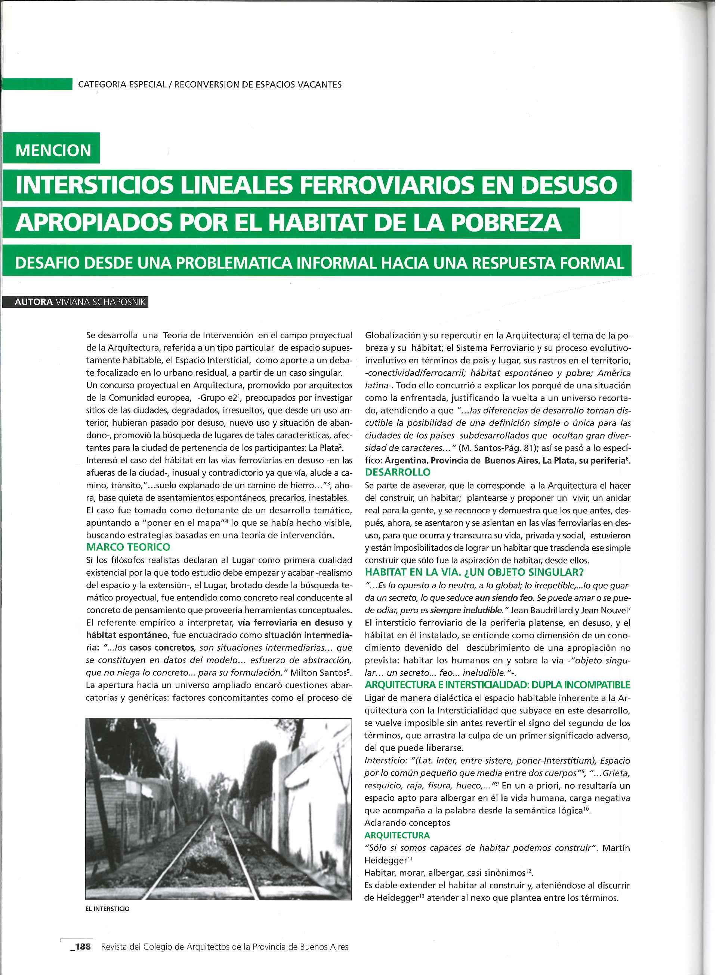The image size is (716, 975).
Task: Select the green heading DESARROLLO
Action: tap(398, 472)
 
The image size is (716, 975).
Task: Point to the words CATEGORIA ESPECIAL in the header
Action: tap(122, 85)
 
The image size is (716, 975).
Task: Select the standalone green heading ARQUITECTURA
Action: tap(397, 835)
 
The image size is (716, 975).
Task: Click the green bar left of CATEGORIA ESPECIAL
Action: tap(37, 84)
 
